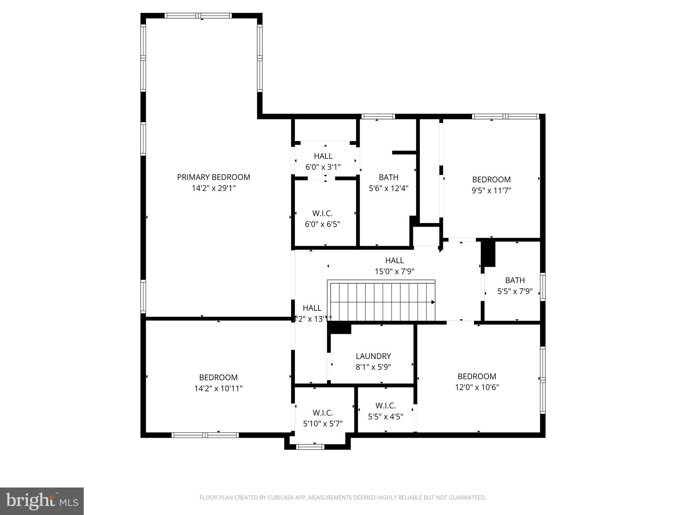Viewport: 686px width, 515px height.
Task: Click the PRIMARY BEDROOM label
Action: point(213,177)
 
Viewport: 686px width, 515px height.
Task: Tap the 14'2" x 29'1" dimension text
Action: point(213,188)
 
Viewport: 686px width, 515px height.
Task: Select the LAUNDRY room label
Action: point(373,356)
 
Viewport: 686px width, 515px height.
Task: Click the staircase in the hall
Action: point(381,302)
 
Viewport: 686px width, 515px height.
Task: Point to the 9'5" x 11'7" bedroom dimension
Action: point(491,190)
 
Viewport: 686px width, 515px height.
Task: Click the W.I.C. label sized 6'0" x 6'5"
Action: point(322,213)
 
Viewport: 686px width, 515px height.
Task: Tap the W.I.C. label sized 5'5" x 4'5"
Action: point(386,406)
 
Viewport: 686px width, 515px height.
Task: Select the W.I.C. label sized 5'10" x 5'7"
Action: point(323,413)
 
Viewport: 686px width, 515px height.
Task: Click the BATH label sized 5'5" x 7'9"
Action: point(515,280)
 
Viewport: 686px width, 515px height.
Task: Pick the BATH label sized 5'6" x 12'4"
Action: point(388,177)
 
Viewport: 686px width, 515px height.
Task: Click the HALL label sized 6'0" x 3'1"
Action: point(323,156)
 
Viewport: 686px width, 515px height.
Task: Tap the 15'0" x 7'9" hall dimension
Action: point(394,271)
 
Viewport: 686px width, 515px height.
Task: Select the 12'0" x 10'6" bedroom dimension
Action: point(477,387)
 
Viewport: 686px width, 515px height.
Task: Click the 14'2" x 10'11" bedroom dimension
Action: point(218,388)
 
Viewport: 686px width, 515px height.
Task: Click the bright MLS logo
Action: point(42,501)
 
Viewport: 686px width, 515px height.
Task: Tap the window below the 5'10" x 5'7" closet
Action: point(310,447)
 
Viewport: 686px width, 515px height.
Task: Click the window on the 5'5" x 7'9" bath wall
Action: point(542,286)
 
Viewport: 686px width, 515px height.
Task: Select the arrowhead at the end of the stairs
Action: point(433,302)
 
